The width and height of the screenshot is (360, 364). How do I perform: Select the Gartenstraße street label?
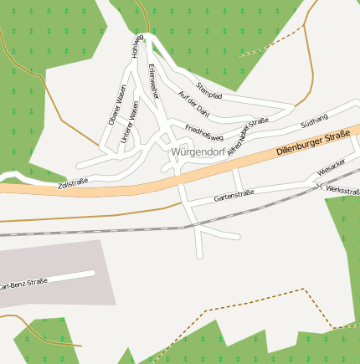(x=234, y=195)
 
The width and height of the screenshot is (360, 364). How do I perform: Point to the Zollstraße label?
(x=73, y=182)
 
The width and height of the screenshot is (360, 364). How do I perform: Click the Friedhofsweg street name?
(x=203, y=131)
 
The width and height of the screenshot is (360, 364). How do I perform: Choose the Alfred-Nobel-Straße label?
(x=247, y=135)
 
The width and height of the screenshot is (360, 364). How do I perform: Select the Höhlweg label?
(x=138, y=48)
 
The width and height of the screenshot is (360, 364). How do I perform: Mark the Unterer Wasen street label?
(x=129, y=123)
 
